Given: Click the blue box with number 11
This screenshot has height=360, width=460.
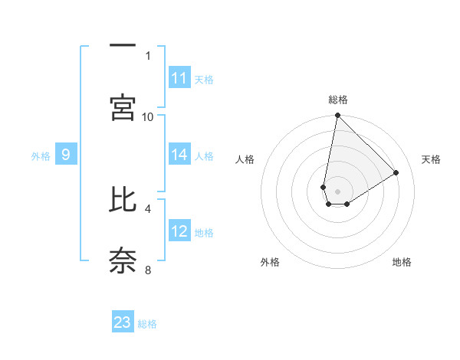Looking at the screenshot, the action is [179, 78].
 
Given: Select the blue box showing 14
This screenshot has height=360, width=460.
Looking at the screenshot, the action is [179, 155].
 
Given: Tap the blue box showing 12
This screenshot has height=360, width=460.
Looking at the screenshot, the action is [179, 231].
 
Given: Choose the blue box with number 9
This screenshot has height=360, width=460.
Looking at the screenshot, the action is [66, 155].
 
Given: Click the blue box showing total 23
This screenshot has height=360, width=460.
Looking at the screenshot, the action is [123, 322].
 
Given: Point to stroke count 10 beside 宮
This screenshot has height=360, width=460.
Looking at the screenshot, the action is [148, 116].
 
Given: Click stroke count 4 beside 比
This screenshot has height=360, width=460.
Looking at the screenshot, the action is [148, 208].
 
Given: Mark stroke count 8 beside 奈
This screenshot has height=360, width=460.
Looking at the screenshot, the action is [148, 270].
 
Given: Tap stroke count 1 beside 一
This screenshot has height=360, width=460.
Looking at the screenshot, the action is [148, 55].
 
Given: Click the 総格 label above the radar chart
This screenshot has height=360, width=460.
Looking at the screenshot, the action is [337, 100].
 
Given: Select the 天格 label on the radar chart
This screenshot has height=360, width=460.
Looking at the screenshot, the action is [431, 159].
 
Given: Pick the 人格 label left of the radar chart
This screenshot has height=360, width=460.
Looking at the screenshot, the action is [245, 159].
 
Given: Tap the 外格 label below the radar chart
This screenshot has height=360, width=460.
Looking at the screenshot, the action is [270, 262].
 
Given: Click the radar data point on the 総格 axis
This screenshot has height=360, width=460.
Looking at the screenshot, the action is [337, 116].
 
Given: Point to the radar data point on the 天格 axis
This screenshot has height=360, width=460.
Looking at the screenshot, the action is [396, 172].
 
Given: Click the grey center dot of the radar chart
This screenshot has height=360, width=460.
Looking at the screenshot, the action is [337, 191].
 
